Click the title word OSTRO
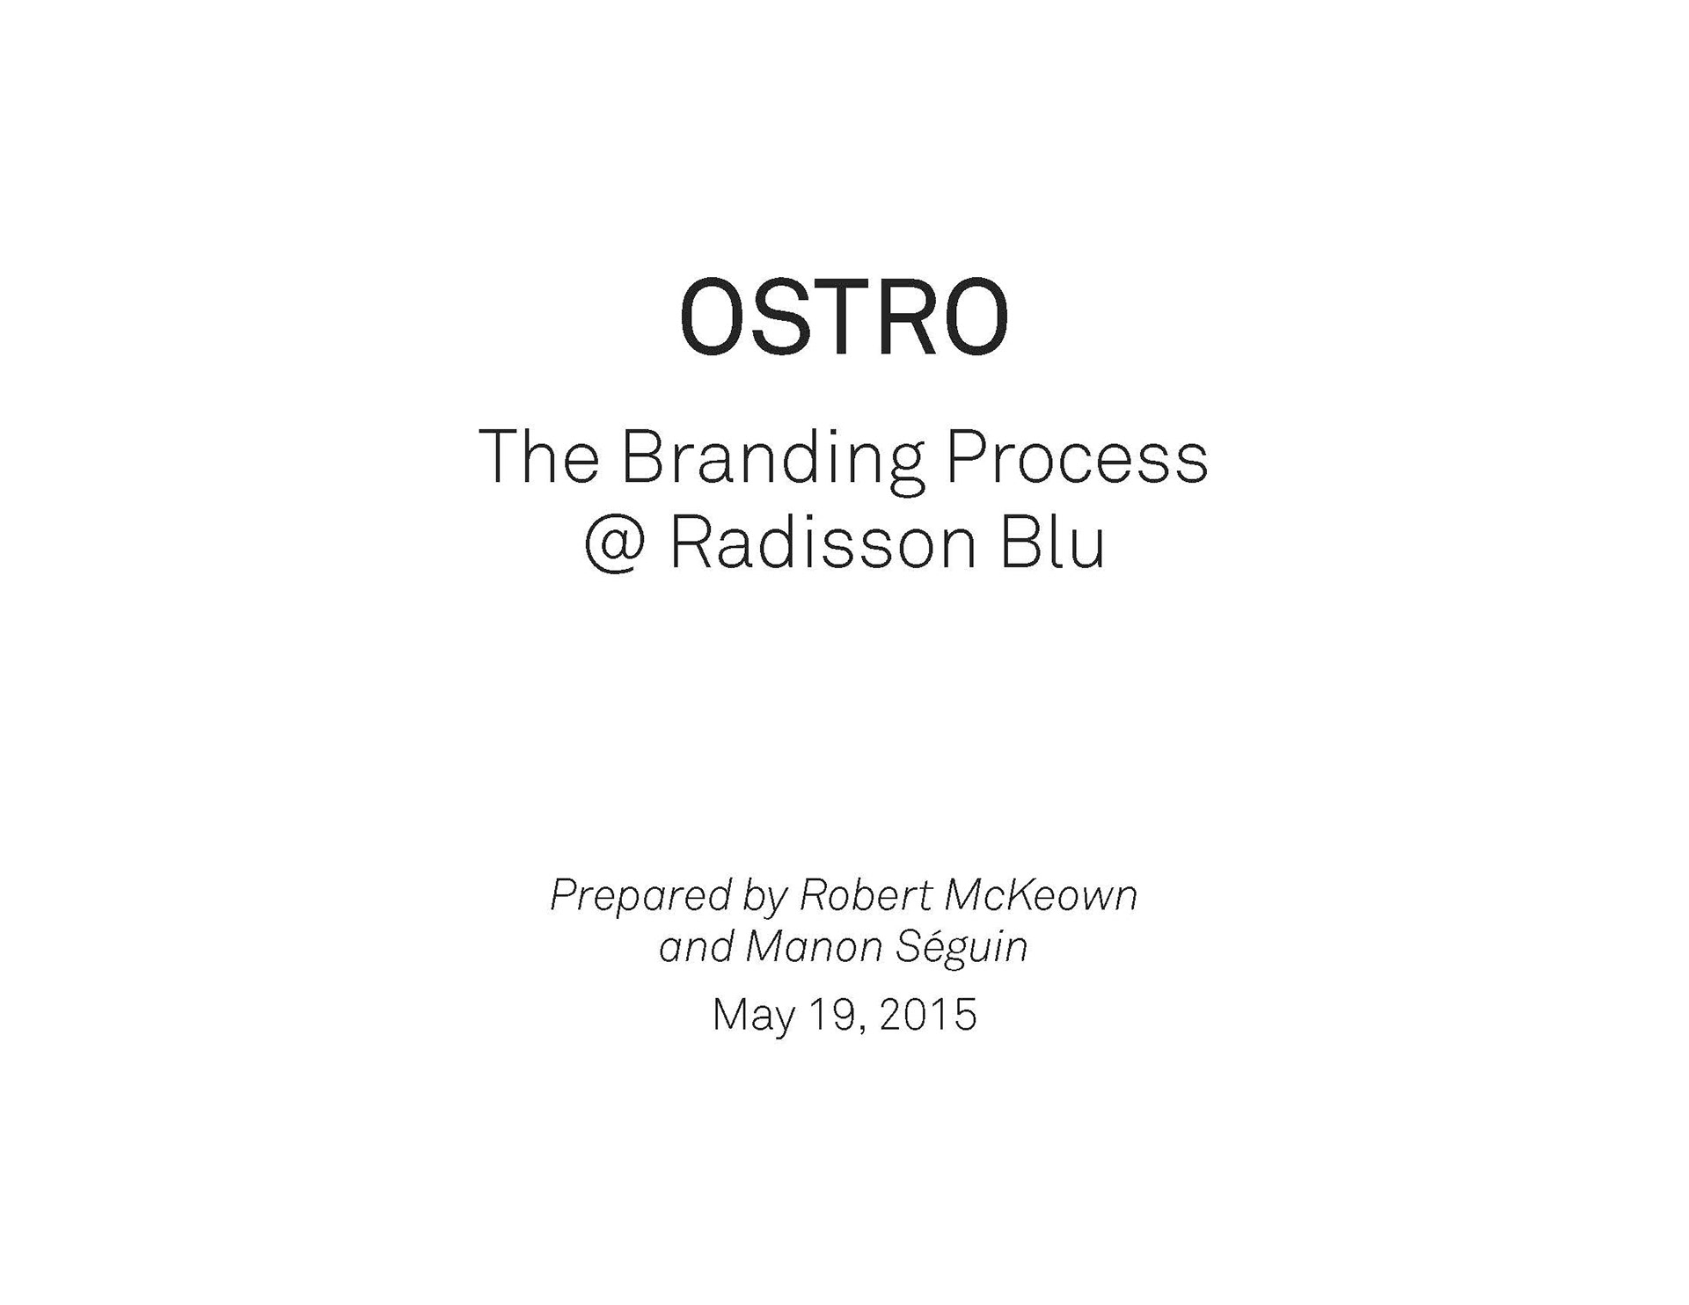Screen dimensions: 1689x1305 tap(844, 317)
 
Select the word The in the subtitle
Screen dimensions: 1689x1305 tap(538, 456)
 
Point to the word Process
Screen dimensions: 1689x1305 tap(1078, 456)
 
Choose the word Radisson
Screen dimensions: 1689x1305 tap(823, 543)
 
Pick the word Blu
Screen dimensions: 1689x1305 tap(1052, 543)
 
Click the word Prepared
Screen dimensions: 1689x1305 tap(640, 897)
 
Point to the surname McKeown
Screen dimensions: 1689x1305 tap(1042, 895)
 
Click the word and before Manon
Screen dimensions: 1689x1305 tap(696, 947)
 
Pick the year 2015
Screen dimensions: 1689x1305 tap(927, 1015)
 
